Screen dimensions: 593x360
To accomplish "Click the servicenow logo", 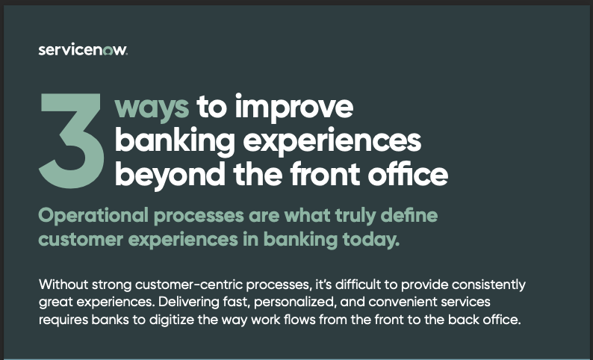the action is pyautogui.click(x=83, y=50).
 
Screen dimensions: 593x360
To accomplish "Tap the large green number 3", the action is pyautogui.click(x=72, y=140).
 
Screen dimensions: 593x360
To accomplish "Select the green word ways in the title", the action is pyautogui.click(x=152, y=108).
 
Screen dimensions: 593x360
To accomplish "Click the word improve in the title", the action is pyautogui.click(x=294, y=107).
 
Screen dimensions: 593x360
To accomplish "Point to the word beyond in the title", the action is pyautogui.click(x=170, y=174).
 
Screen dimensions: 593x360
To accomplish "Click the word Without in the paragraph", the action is pyautogui.click(x=63, y=284).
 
